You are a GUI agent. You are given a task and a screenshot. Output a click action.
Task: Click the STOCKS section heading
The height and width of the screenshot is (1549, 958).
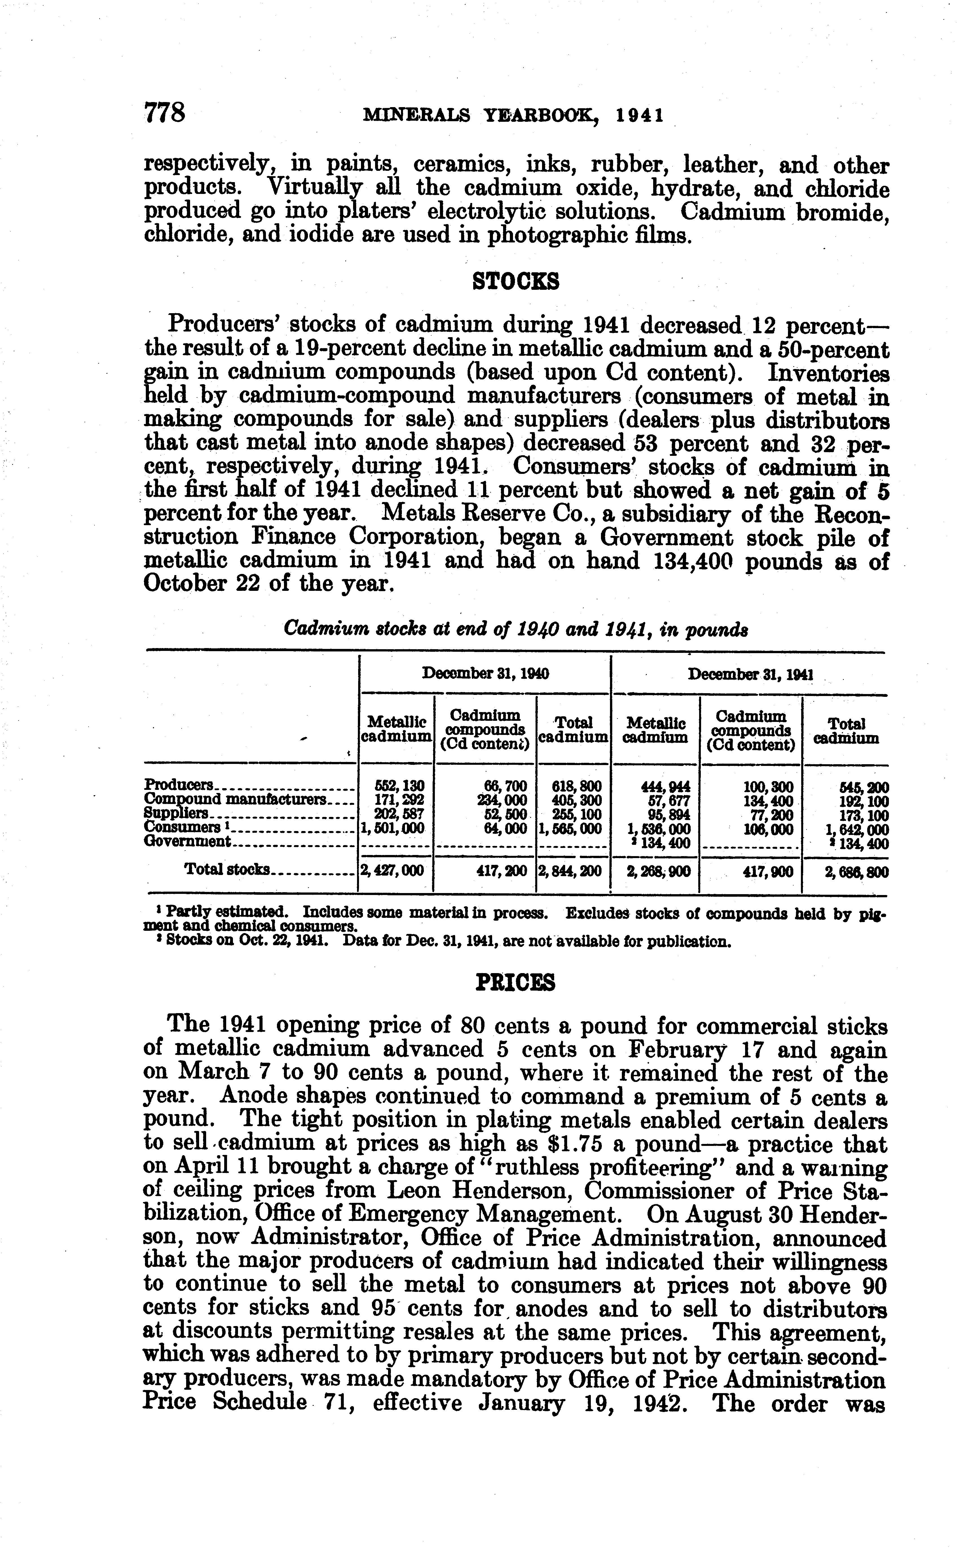pyautogui.click(x=516, y=280)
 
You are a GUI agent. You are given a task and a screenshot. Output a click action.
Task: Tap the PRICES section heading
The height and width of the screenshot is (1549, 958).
pyautogui.click(x=515, y=982)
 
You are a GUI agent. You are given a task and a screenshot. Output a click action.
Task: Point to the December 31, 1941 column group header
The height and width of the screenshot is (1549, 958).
pyautogui.click(x=750, y=675)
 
